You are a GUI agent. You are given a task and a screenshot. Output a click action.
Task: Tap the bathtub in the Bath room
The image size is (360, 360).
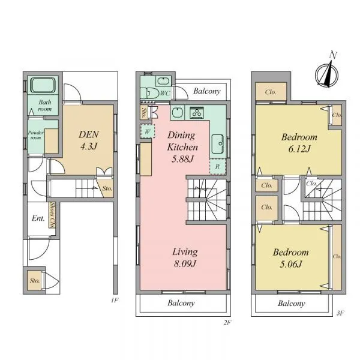pos(43,85)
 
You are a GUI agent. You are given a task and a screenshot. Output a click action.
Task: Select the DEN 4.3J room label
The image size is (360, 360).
pos(89,140)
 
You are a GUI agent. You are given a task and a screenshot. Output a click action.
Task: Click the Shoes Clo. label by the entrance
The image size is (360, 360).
pos(53,215)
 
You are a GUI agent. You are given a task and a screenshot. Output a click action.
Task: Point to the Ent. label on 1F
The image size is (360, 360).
pos(38,218)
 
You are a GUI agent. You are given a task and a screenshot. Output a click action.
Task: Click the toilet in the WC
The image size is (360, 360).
pos(150,93)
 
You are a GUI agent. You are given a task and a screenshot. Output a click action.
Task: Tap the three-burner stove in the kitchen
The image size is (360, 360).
pos(197,112)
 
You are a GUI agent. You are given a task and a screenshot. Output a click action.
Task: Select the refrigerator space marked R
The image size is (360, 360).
pos(218,166)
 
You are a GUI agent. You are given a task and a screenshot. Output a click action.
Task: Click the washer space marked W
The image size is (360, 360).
pos(148,131)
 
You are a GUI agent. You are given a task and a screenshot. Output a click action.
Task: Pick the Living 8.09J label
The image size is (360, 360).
pos(185,257)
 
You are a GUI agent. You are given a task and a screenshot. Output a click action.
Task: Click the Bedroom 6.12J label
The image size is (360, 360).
pos(299,143)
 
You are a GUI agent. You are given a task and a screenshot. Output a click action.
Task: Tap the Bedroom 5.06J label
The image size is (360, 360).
pos(290,258)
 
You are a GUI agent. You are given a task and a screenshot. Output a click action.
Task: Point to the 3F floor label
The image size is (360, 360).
pos(340,313)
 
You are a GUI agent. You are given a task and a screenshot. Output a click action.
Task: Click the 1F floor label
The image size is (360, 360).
pos(115,300)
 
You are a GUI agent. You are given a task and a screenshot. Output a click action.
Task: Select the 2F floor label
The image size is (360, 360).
pos(227,323)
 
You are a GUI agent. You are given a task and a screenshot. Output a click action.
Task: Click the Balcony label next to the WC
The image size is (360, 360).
pos(207,91)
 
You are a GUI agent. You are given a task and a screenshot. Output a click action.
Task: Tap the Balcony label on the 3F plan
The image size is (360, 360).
pos(292,303)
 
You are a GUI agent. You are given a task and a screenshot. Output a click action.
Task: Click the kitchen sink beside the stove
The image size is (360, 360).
pos(177,113)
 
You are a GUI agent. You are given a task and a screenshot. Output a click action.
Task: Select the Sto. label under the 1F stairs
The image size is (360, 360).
pos(107,188)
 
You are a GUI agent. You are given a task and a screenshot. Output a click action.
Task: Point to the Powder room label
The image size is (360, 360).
pos(36,135)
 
